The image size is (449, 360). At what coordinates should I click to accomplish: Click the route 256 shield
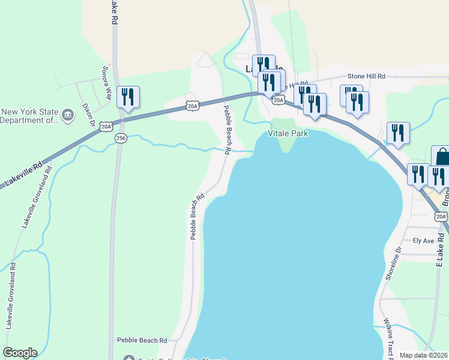click(121, 138)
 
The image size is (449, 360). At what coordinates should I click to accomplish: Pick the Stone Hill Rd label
click(366, 77)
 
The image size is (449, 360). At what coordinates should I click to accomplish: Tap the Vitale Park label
click(288, 133)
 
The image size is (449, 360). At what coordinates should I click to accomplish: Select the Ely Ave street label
click(423, 241)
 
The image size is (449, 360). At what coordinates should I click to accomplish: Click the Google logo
click(20, 353)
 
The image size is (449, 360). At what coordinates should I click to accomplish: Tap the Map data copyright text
click(424, 355)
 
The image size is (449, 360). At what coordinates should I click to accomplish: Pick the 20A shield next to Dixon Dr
click(106, 126)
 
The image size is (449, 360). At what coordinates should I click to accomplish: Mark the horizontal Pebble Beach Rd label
click(142, 340)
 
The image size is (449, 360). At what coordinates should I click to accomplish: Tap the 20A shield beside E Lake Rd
click(441, 216)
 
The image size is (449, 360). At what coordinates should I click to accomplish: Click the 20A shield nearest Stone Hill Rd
click(279, 100)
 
